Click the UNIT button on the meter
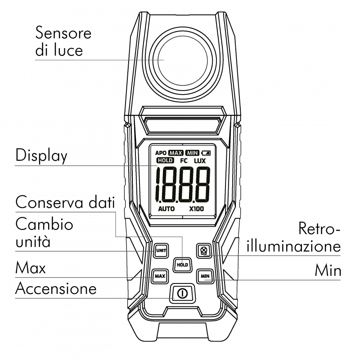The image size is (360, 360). (161, 250)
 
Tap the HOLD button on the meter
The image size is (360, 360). (182, 265)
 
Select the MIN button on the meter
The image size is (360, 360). (205, 275)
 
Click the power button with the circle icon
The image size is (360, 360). (182, 293)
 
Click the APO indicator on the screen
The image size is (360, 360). (161, 153)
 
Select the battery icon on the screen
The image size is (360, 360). (207, 153)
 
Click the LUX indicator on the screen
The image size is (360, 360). (201, 161)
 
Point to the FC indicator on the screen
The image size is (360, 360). (184, 161)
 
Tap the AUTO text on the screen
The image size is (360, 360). (166, 210)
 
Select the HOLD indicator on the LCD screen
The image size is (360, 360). (166, 161)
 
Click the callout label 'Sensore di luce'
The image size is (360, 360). (63, 41)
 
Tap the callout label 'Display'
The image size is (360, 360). (41, 156)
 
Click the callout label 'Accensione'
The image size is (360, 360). (56, 288)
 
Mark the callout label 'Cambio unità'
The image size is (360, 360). (44, 233)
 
